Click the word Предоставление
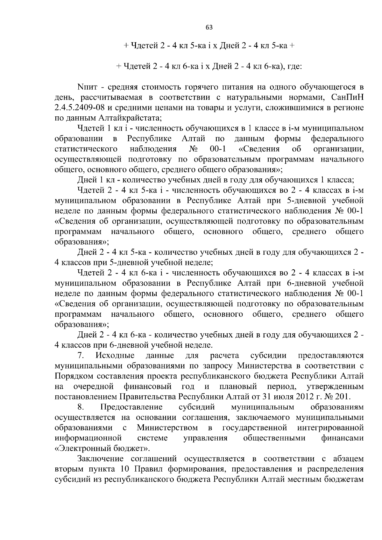(131, 407)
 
